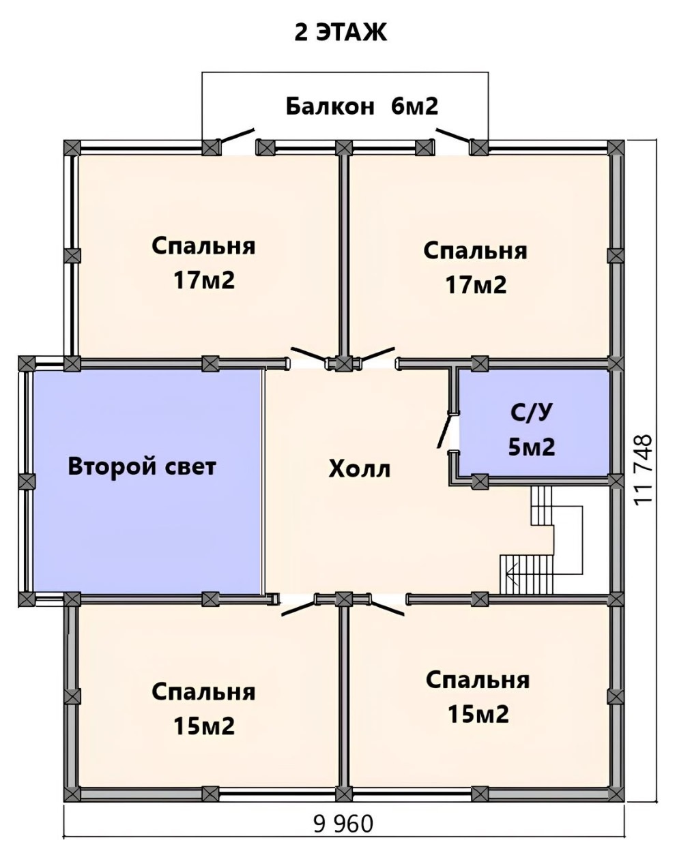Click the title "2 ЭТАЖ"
click(x=341, y=33)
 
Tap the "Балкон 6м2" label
click(x=362, y=106)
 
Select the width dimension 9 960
click(x=343, y=834)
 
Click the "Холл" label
click(x=359, y=468)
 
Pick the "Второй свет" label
click(x=142, y=466)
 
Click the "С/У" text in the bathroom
click(x=531, y=413)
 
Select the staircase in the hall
click(x=541, y=540)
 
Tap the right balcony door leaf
click(x=453, y=135)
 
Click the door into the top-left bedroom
click(x=308, y=354)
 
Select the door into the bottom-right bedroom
click(x=387, y=608)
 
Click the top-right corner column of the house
click(x=616, y=148)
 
